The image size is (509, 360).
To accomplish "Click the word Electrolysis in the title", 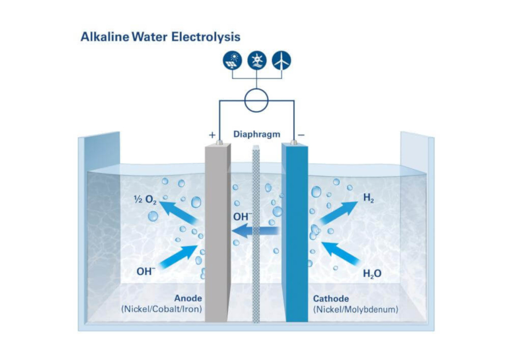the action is tap(206, 37).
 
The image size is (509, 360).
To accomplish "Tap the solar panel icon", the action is tap(232, 60).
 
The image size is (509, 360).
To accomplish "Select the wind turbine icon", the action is tap(281, 60).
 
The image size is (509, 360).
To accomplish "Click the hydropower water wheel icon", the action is tap(257, 60).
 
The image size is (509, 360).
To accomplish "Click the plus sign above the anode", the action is tap(212, 135).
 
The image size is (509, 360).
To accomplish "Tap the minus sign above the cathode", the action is tap(301, 135).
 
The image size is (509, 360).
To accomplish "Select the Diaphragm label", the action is tap(257, 134).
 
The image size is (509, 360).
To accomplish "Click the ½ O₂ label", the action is tap(145, 200).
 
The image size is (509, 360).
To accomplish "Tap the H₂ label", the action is tap(368, 198).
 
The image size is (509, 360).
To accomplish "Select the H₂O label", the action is tap(372, 273).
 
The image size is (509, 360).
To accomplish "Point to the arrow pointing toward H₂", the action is tap(338, 213).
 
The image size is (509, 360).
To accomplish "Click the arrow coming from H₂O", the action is tap(341, 253).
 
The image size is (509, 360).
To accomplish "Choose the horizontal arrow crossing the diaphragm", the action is tap(255, 231).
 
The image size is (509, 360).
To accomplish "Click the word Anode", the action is tap(188, 298).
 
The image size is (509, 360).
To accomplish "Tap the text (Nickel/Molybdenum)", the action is tap(356, 309).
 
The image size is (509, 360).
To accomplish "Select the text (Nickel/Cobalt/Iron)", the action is tap(161, 309).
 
